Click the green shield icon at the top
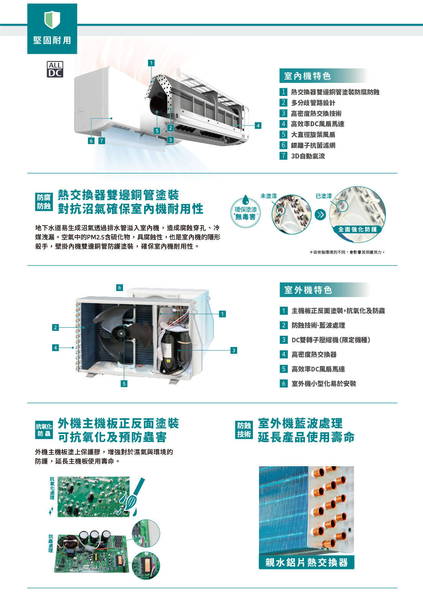(x=52, y=20)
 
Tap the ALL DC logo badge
(x=55, y=69)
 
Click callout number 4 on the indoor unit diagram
(x=258, y=125)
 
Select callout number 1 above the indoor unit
(x=151, y=63)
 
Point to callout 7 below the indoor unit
(x=102, y=141)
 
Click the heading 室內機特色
(x=307, y=76)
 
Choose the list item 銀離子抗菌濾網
(x=313, y=145)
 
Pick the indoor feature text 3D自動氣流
(x=308, y=156)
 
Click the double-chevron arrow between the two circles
(x=320, y=214)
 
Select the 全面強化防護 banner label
(x=357, y=229)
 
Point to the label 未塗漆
(x=269, y=196)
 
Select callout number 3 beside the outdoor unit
(x=233, y=351)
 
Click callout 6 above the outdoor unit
(x=120, y=287)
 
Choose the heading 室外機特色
(x=308, y=290)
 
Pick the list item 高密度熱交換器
(x=314, y=355)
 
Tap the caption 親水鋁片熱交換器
(x=307, y=562)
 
